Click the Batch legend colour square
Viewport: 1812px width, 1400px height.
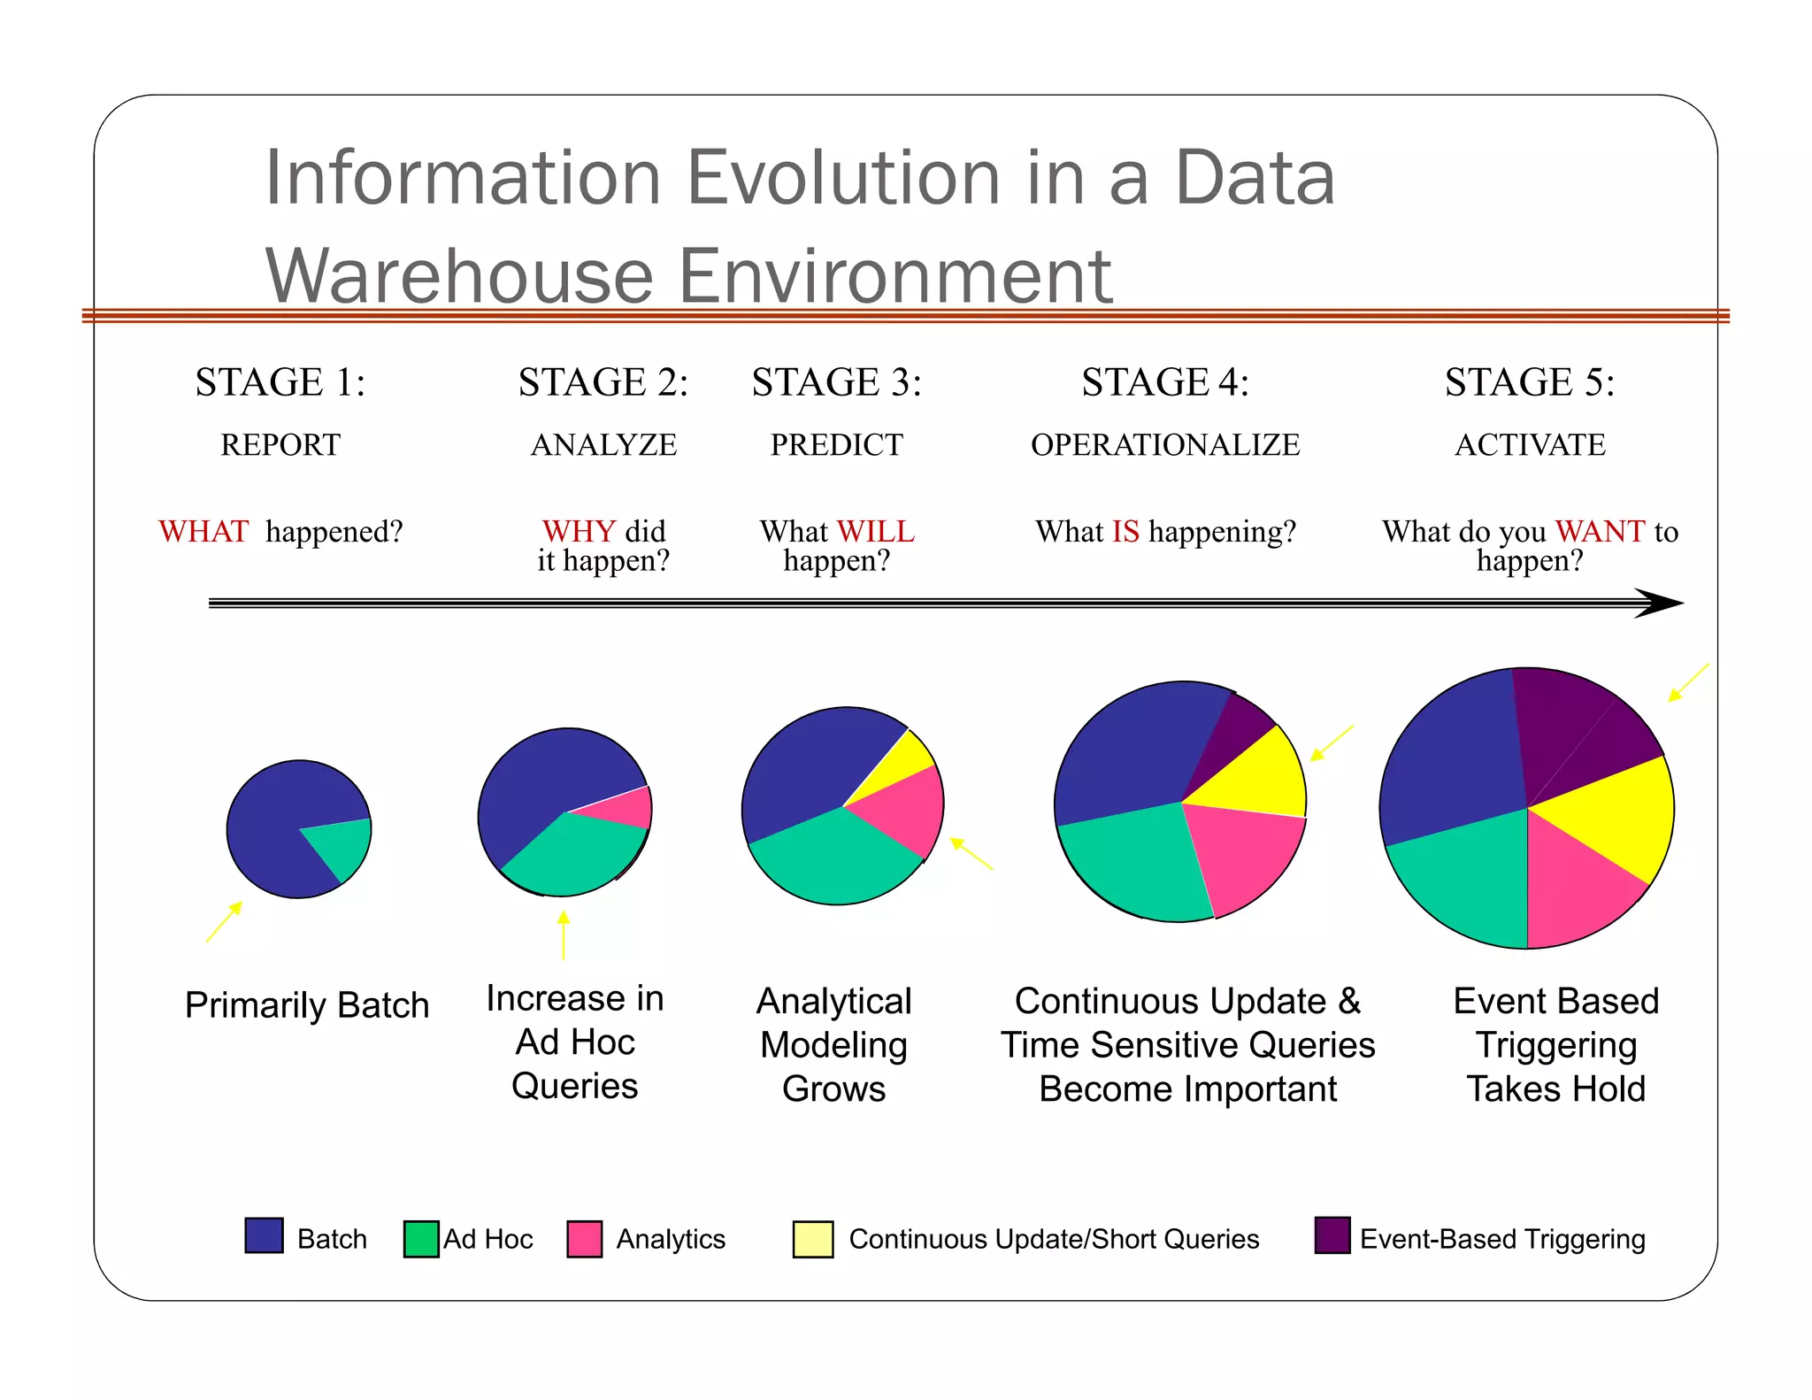(264, 1235)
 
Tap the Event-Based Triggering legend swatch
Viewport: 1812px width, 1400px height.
(1332, 1235)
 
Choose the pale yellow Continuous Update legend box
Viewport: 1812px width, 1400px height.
(812, 1239)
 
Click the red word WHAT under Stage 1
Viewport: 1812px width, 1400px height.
(203, 532)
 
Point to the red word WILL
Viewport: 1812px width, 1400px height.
(875, 532)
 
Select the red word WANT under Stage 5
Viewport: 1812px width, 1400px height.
(1599, 532)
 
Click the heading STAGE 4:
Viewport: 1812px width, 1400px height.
(1164, 382)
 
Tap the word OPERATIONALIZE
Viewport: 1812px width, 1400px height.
(1164, 444)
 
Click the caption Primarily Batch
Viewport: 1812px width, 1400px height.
(306, 1005)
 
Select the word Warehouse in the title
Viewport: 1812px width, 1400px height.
(460, 276)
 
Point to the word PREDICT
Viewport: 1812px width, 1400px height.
(836, 444)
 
